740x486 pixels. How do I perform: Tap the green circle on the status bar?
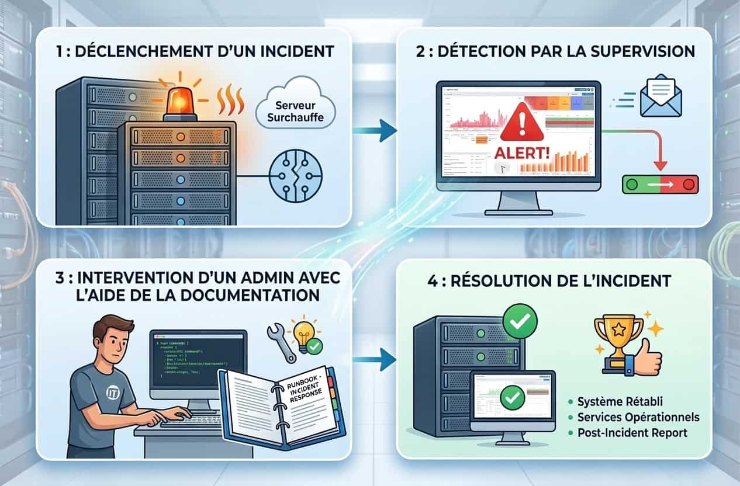coord(631,185)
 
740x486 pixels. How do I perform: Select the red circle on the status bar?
coord(689,185)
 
